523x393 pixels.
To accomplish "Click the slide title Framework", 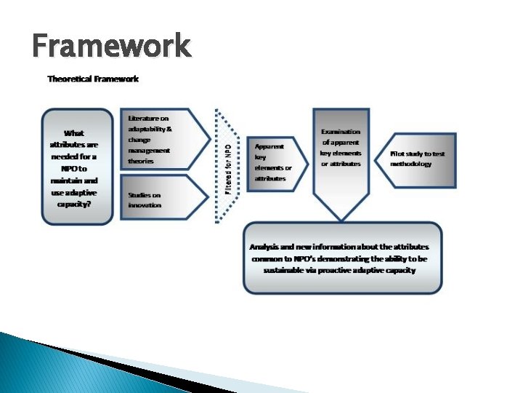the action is click(x=111, y=46).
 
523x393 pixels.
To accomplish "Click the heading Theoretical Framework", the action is click(x=93, y=79).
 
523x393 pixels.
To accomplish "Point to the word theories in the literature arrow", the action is click(x=141, y=161).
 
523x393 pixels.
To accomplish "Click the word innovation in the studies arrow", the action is click(x=145, y=205).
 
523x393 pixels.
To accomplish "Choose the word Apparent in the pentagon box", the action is click(x=269, y=146).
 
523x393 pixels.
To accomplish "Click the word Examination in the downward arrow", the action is click(x=341, y=132).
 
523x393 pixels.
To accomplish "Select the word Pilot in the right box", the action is click(x=398, y=154).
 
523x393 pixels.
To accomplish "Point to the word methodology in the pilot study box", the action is click(x=410, y=164).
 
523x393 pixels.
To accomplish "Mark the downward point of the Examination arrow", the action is click(x=341, y=220).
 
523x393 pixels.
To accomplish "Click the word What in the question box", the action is click(x=74, y=133).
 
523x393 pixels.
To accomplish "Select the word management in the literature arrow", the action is click(x=149, y=150).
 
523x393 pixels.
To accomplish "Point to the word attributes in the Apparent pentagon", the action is click(x=270, y=178).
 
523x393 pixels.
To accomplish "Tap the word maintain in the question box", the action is click(x=65, y=180).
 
